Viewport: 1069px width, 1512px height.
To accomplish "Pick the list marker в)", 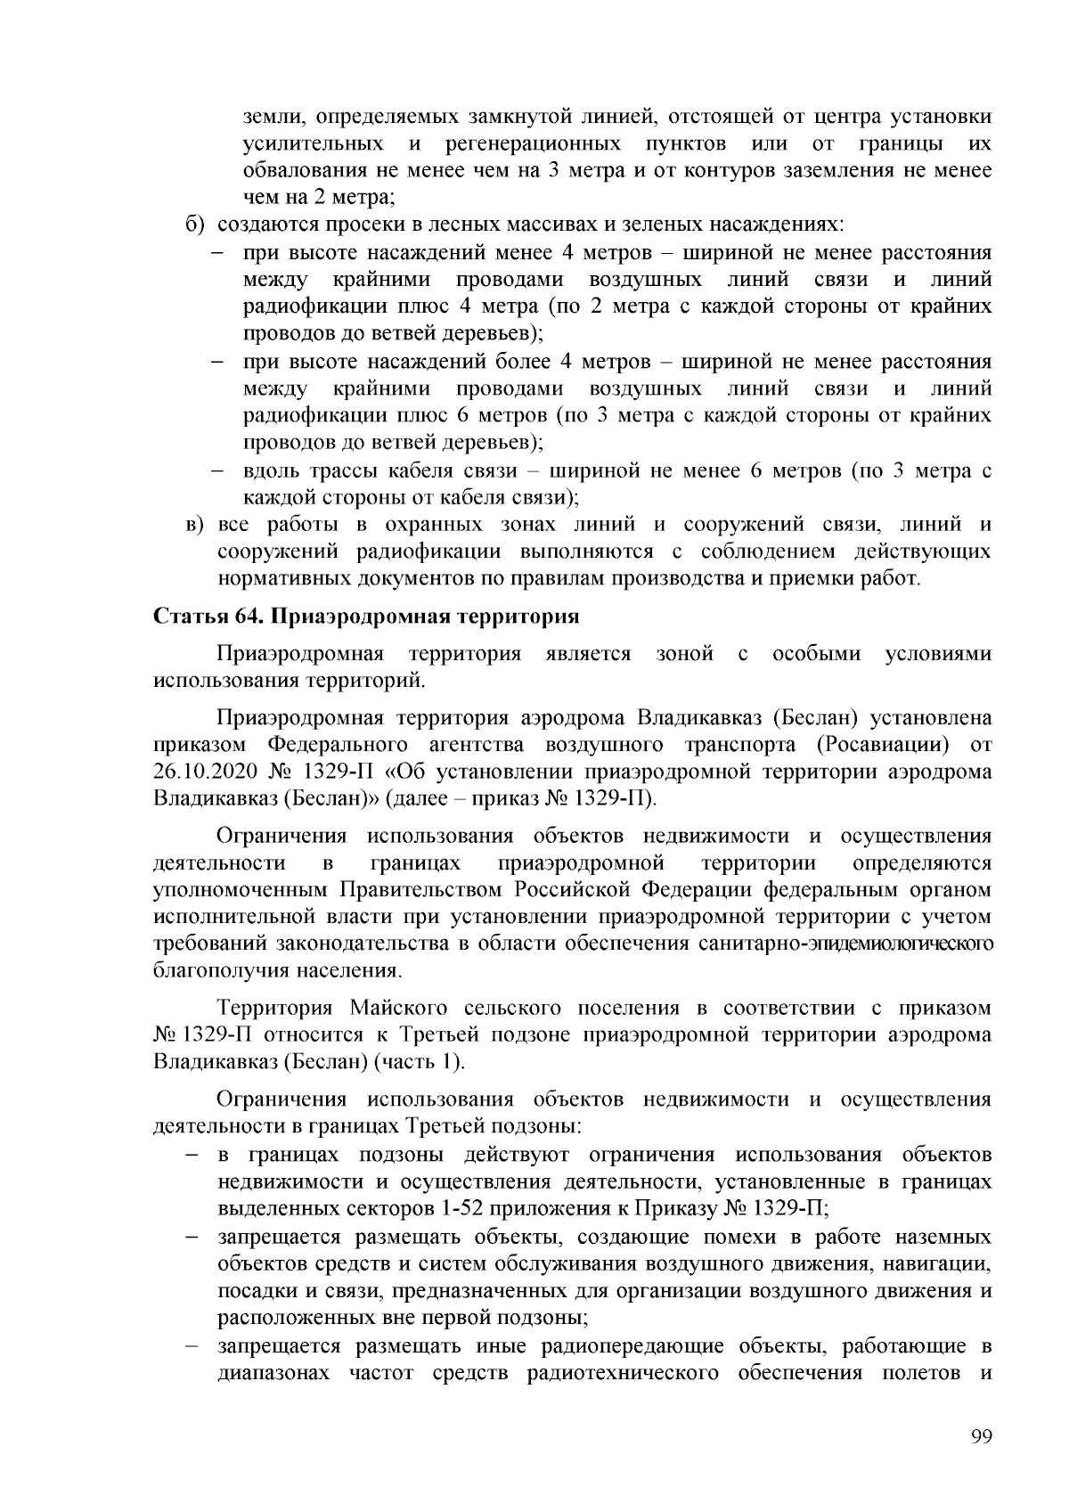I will [196, 525].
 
